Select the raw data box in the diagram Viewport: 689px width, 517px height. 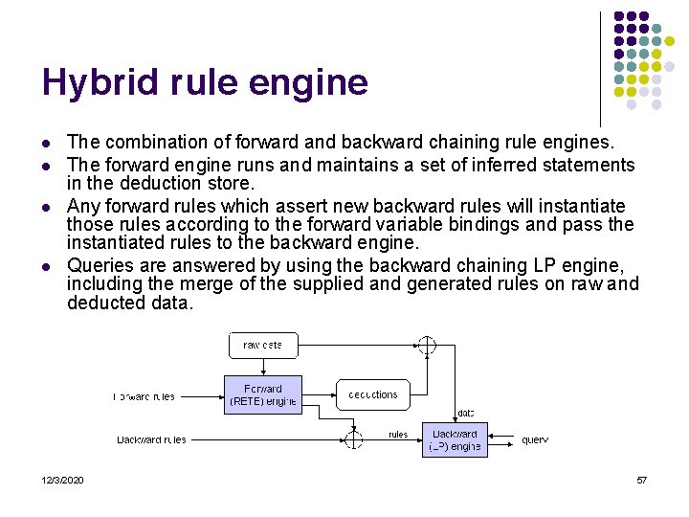pyautogui.click(x=263, y=345)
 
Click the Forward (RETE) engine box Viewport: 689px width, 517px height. pyautogui.click(x=263, y=394)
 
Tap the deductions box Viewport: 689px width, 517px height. pyautogui.click(x=372, y=394)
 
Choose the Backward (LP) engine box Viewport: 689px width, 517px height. pyautogui.click(x=455, y=439)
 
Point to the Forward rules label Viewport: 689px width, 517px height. pyautogui.click(x=144, y=396)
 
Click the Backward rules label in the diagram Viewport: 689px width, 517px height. pyautogui.click(x=151, y=440)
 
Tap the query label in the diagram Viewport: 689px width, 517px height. pyautogui.click(x=534, y=440)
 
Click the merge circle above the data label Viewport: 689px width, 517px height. pyautogui.click(x=427, y=345)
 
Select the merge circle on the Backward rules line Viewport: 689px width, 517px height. pyautogui.click(x=353, y=439)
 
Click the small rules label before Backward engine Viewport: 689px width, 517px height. pyautogui.click(x=398, y=435)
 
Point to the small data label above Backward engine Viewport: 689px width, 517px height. pyautogui.click(x=465, y=414)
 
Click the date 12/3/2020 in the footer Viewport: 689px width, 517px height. pyautogui.click(x=63, y=480)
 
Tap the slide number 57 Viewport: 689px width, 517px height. pyautogui.click(x=641, y=480)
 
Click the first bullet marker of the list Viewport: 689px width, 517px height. pyautogui.click(x=47, y=144)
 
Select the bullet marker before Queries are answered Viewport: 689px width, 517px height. pyautogui.click(x=47, y=266)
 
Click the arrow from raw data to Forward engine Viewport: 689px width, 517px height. pyautogui.click(x=263, y=367)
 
